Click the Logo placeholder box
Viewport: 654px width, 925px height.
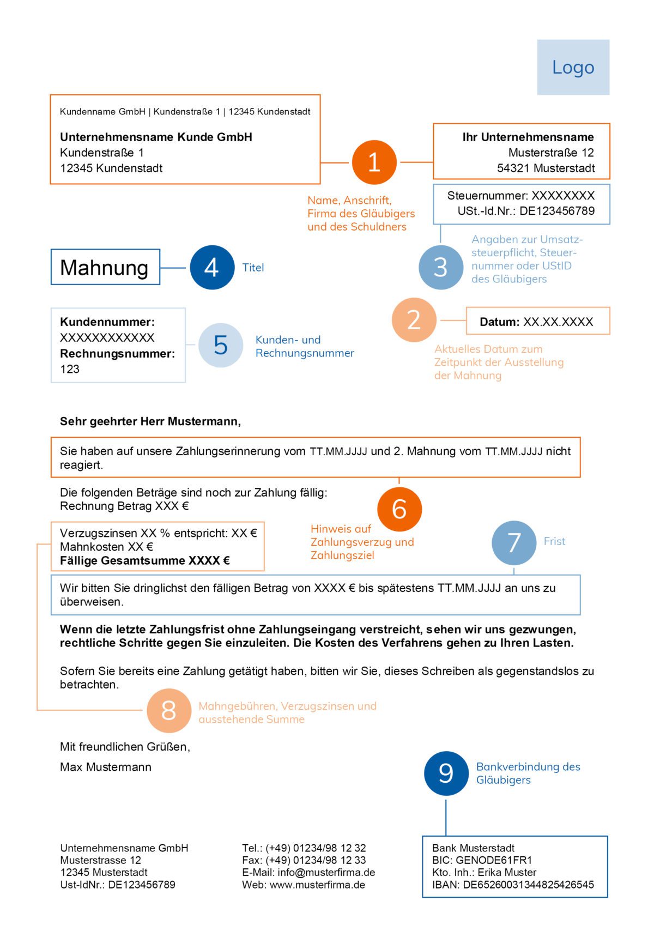pyautogui.click(x=573, y=67)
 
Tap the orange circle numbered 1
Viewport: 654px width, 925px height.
pyautogui.click(x=374, y=162)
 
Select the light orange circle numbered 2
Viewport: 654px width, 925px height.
pyautogui.click(x=414, y=320)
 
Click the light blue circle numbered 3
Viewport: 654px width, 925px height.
pyautogui.click(x=440, y=267)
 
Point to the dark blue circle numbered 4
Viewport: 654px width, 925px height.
pyautogui.click(x=211, y=267)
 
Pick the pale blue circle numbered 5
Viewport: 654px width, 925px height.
pyautogui.click(x=220, y=345)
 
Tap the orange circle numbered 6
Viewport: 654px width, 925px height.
pyautogui.click(x=399, y=509)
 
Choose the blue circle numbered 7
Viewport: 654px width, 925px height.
pyautogui.click(x=513, y=542)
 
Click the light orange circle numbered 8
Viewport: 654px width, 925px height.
pyautogui.click(x=168, y=711)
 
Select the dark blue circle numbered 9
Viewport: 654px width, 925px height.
pyautogui.click(x=446, y=773)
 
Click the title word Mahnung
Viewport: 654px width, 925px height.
pyautogui.click(x=104, y=268)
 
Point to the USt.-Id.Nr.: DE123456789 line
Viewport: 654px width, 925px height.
pyautogui.click(x=526, y=211)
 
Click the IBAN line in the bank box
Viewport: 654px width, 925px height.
pyautogui.click(x=512, y=885)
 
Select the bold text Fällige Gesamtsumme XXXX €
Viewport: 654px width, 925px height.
pyautogui.click(x=145, y=560)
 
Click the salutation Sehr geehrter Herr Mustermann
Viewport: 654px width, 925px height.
pyautogui.click(x=150, y=421)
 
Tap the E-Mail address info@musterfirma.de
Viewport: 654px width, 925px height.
pyautogui.click(x=326, y=872)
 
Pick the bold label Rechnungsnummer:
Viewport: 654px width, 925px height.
pyautogui.click(x=117, y=353)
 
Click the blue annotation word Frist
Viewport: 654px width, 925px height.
pyautogui.click(x=554, y=541)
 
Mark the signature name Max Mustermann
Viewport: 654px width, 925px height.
pyautogui.click(x=106, y=767)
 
